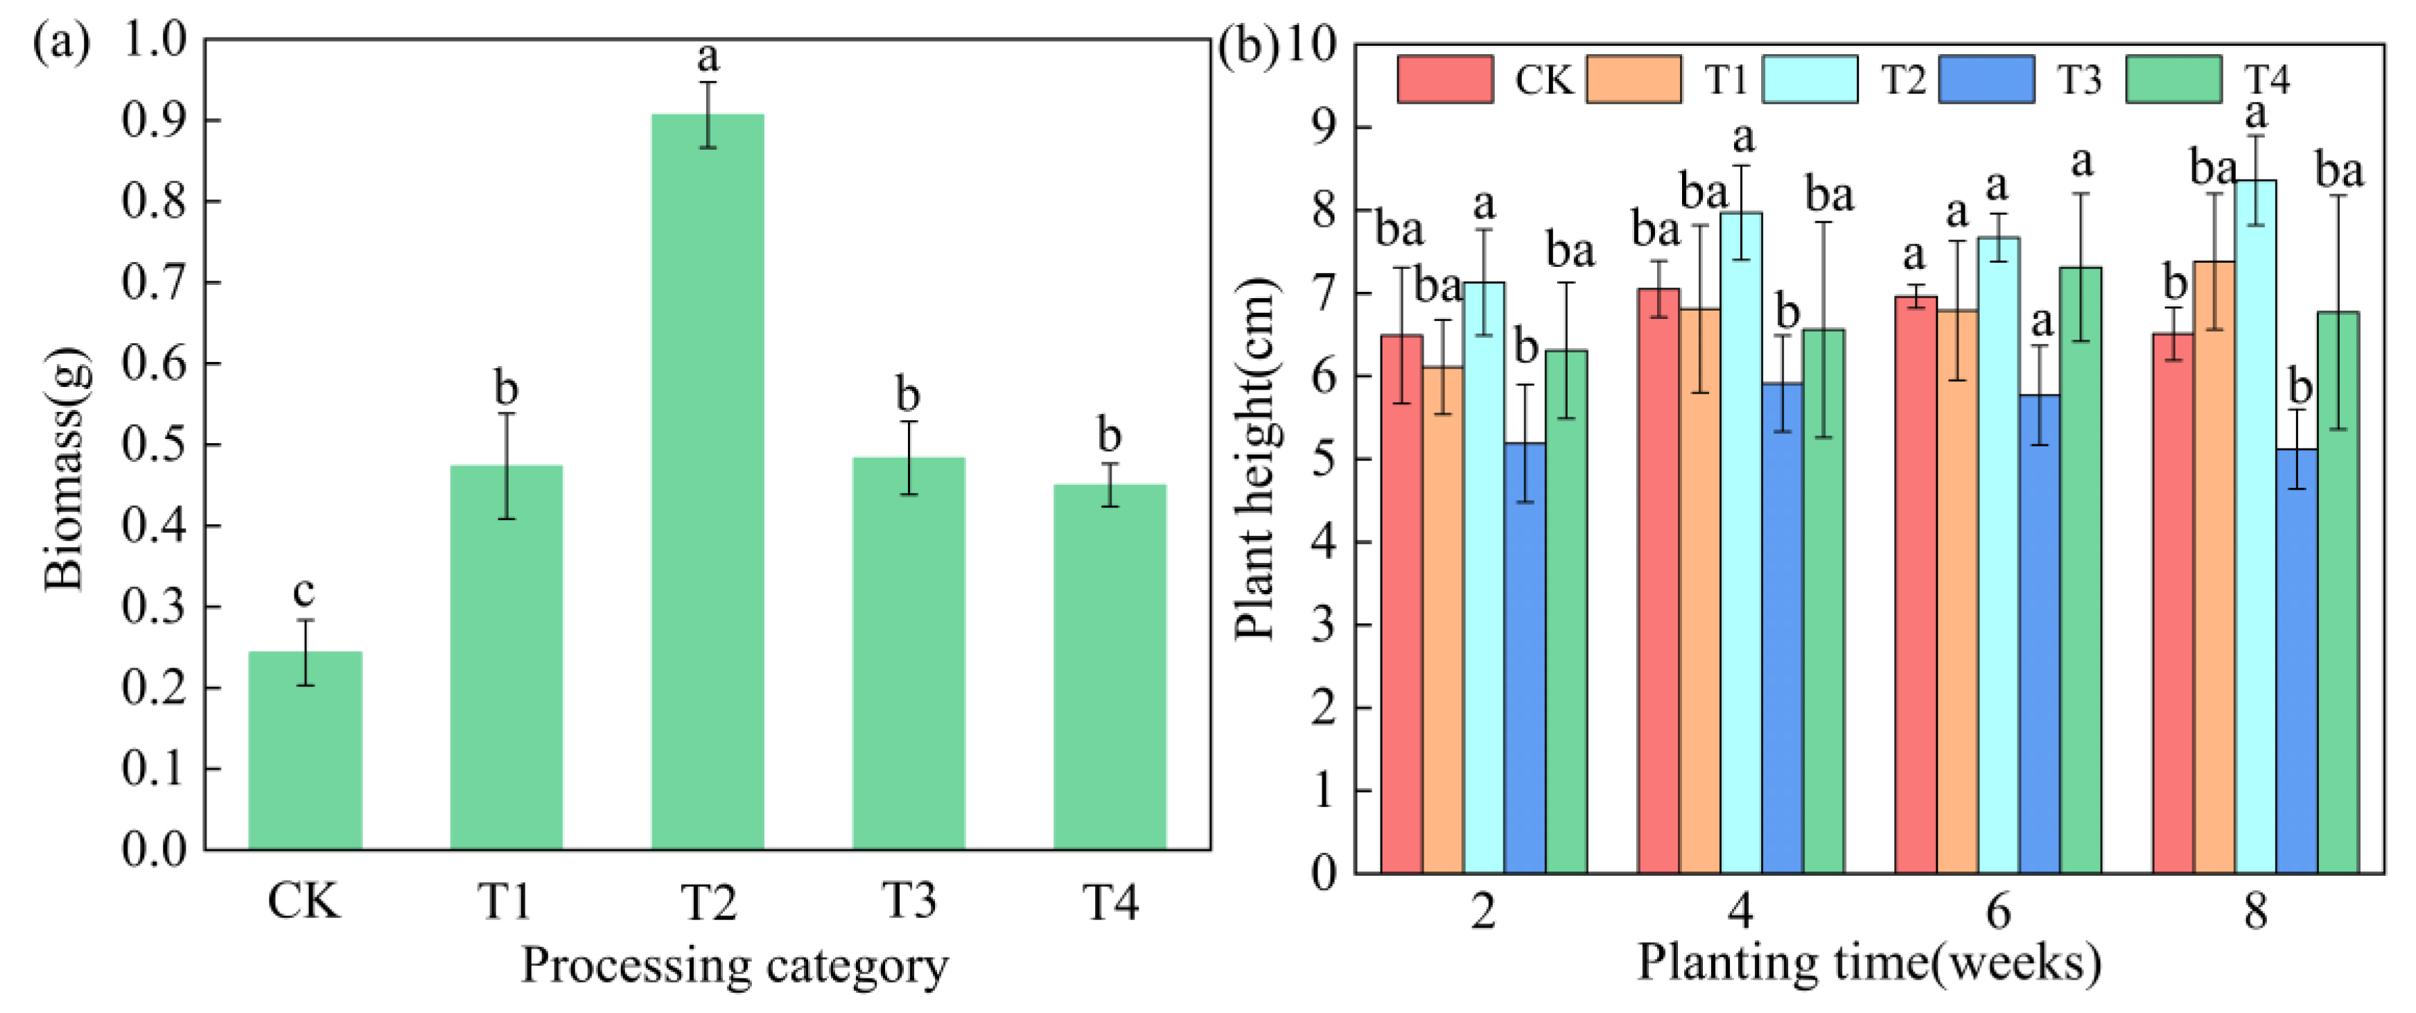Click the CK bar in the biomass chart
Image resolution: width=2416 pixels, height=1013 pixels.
(305, 750)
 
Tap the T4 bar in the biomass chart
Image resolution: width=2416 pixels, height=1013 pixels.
(1110, 666)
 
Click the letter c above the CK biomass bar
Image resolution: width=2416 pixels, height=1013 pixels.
(303, 591)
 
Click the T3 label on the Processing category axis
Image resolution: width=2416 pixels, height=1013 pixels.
(908, 901)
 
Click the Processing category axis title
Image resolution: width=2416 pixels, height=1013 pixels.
(735, 964)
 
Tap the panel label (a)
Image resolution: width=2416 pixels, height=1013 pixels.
(61, 42)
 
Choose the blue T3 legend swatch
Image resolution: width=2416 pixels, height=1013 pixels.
(1986, 79)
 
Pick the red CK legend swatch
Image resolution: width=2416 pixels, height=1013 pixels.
(1444, 79)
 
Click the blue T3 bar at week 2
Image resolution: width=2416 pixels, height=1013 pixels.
(1525, 657)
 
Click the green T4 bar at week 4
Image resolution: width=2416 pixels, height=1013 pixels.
(1823, 600)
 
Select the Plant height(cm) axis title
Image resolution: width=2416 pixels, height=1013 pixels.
(1255, 460)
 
